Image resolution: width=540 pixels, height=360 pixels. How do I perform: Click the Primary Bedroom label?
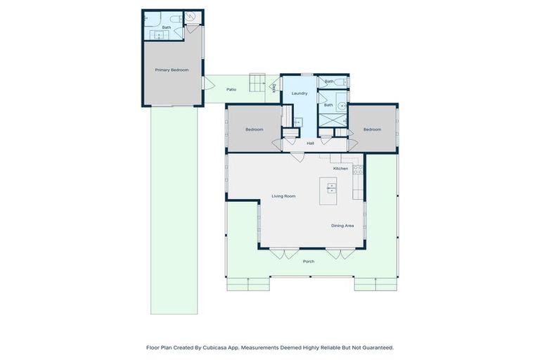[x=172, y=70]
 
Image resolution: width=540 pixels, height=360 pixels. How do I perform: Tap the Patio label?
[x=231, y=89]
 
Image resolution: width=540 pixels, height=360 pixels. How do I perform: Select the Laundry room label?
[x=300, y=93]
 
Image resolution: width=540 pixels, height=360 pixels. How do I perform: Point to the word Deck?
[x=274, y=88]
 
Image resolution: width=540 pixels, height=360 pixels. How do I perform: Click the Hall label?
[x=310, y=143]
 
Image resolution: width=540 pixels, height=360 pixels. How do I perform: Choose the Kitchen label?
[x=340, y=168]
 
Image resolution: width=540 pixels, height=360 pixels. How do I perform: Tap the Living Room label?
[x=284, y=196]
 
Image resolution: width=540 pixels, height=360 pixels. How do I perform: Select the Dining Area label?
[x=342, y=225]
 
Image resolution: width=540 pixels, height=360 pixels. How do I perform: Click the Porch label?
[x=308, y=261]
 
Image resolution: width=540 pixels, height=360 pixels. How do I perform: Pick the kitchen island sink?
[x=331, y=188]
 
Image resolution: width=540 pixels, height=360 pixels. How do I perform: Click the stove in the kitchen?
[x=357, y=169]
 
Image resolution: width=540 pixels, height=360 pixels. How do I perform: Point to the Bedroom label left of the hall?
[x=254, y=129]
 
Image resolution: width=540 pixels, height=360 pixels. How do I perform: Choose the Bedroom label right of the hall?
[x=372, y=129]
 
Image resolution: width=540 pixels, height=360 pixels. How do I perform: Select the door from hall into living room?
[x=298, y=157]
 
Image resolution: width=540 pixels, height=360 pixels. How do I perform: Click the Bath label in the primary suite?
[x=167, y=27]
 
